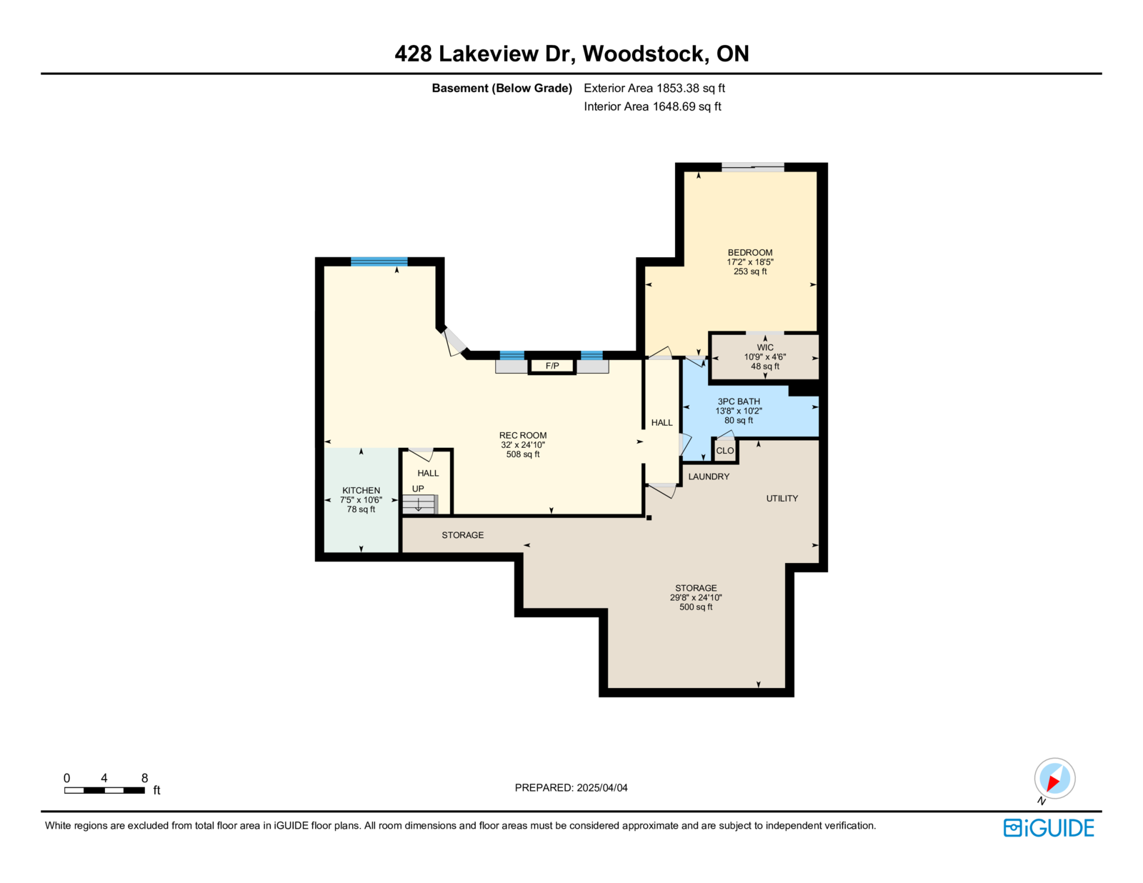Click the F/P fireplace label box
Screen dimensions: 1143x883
pyautogui.click(x=551, y=366)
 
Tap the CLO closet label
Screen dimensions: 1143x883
pyautogui.click(x=724, y=451)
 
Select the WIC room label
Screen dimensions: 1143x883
pyautogui.click(x=765, y=347)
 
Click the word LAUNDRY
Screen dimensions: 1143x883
pyautogui.click(x=709, y=477)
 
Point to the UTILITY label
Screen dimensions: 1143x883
pyautogui.click(x=782, y=498)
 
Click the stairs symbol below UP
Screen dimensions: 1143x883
pyautogui.click(x=419, y=504)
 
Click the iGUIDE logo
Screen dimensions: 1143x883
pyautogui.click(x=1048, y=828)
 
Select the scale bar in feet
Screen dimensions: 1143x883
pyautogui.click(x=105, y=790)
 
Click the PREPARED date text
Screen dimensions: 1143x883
pyautogui.click(x=571, y=787)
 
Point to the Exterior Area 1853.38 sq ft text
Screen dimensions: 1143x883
pyautogui.click(x=654, y=88)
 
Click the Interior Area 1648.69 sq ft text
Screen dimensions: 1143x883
pyautogui.click(x=652, y=106)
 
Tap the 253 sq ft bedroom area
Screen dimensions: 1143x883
pyautogui.click(x=750, y=271)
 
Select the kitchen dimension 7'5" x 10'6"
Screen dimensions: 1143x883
pyautogui.click(x=361, y=499)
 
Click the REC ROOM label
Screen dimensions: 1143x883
pyautogui.click(x=523, y=435)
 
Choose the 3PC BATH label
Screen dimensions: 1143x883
pyautogui.click(x=739, y=401)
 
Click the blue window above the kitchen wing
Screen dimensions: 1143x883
pyautogui.click(x=379, y=261)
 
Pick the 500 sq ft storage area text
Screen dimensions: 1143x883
pyautogui.click(x=695, y=607)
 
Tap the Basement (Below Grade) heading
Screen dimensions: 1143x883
pyautogui.click(x=501, y=88)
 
